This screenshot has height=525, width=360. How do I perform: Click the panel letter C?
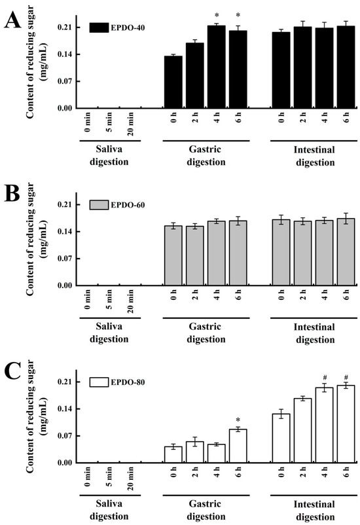click(12, 374)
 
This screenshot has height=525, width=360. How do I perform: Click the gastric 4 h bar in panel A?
click(216, 67)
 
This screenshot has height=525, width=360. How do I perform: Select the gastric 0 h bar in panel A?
click(173, 82)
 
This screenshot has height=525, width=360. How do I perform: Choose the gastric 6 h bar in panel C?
click(238, 446)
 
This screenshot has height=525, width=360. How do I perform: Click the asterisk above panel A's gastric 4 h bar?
click(216, 16)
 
